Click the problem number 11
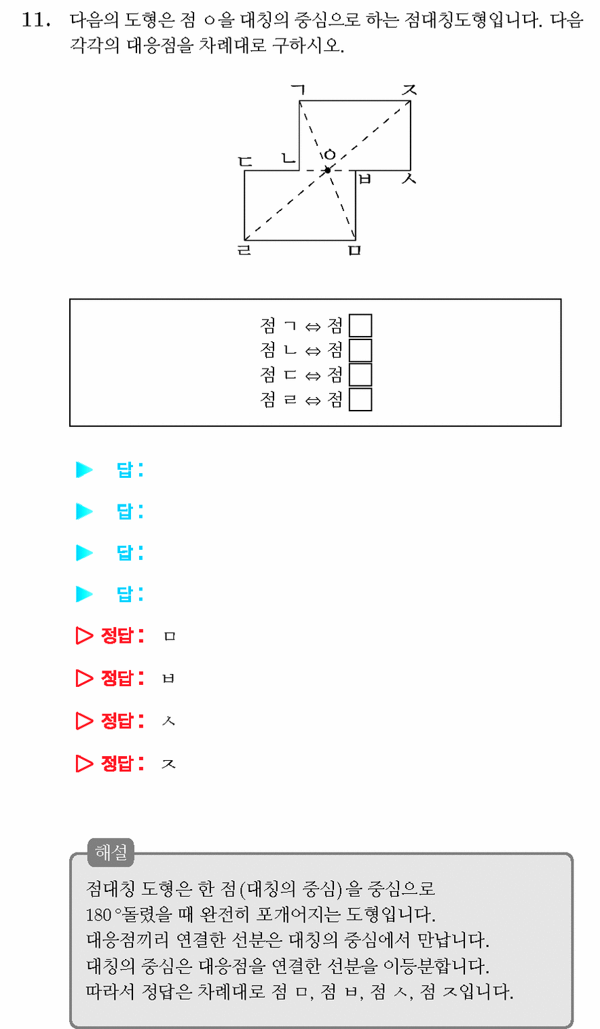(36, 20)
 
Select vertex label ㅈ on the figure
(409, 90)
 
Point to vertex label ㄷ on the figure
(245, 162)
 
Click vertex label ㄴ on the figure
(288, 158)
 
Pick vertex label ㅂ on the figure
(364, 179)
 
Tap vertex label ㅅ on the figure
(409, 179)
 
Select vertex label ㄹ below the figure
(244, 250)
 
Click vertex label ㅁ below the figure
(355, 250)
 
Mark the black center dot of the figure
(328, 170)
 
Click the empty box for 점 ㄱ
(360, 325)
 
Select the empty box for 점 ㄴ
(360, 350)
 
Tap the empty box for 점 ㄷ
(360, 375)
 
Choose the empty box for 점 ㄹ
(360, 399)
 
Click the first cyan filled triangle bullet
(84, 470)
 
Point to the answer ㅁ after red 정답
(170, 636)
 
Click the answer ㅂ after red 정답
(168, 679)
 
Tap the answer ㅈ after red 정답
(168, 764)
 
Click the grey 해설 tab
(111, 853)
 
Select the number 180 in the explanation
(99, 914)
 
